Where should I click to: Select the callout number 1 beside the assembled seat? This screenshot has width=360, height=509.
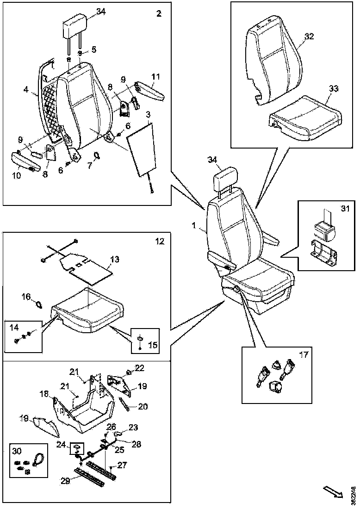[x=195, y=226]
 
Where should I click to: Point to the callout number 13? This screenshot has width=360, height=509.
[x=114, y=260]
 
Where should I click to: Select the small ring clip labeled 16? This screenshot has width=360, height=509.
[x=40, y=304]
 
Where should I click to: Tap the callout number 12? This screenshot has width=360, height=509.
[x=160, y=241]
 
